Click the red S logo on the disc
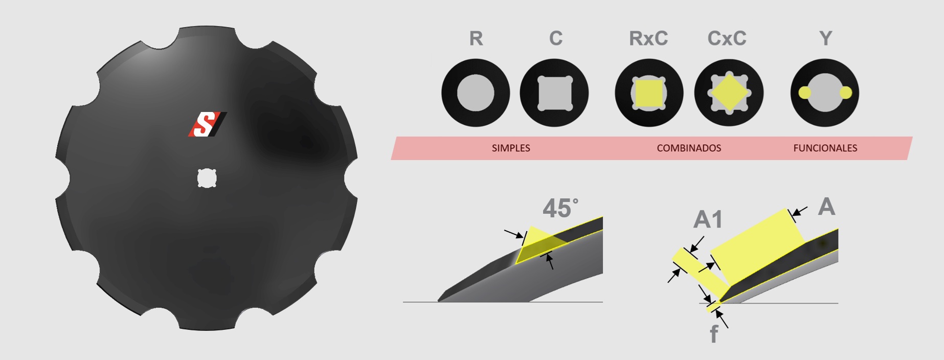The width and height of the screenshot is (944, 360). point(208,124)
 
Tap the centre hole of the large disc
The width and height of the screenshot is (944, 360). point(207,178)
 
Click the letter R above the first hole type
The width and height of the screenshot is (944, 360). point(476,38)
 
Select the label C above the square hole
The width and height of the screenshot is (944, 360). point(556,38)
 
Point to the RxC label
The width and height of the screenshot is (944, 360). point(648,38)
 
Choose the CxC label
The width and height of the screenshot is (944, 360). point(727,38)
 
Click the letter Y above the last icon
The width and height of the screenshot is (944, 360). point(825,38)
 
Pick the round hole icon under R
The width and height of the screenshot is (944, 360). point(476,93)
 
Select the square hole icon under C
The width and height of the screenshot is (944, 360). point(554,93)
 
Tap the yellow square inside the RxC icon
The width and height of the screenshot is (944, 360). point(649,93)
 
